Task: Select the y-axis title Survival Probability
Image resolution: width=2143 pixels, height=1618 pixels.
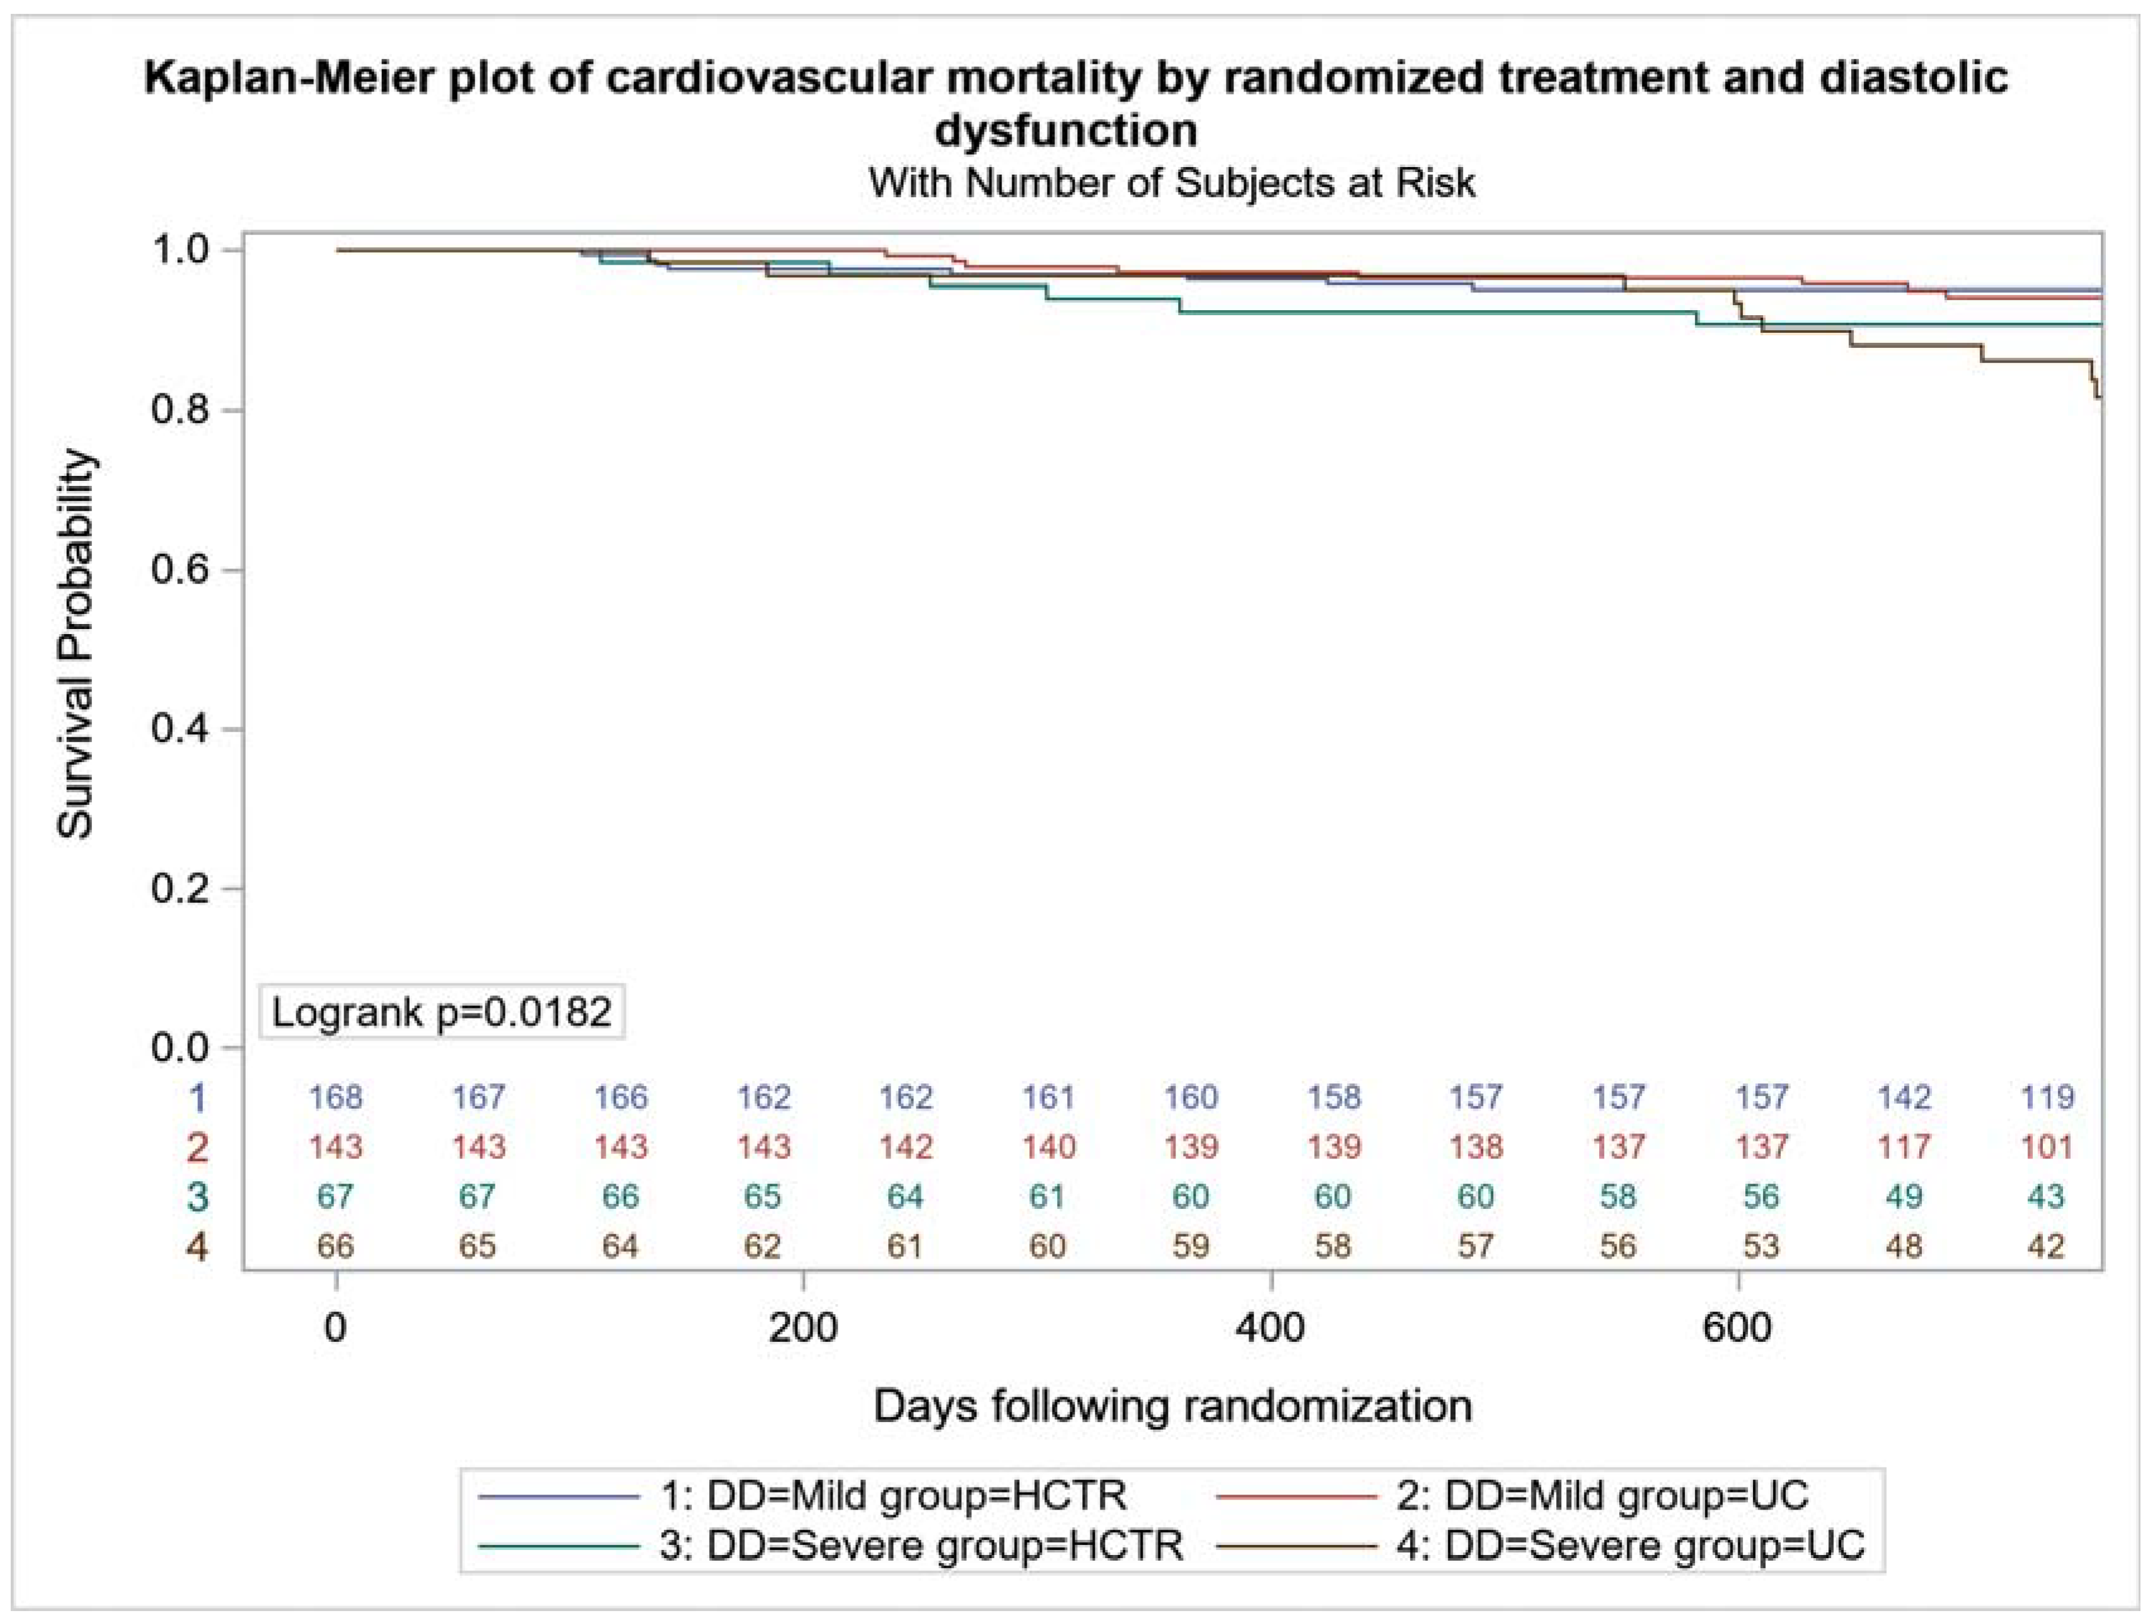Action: click(76, 644)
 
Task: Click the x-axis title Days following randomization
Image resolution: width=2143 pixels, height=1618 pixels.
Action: click(1172, 1405)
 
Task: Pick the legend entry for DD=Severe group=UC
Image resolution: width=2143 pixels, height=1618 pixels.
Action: click(1540, 1544)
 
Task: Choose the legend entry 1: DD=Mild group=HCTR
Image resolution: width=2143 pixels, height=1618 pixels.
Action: click(803, 1495)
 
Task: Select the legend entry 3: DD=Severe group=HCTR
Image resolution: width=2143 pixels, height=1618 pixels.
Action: click(831, 1544)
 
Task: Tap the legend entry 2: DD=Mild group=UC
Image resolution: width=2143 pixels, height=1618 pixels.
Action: click(1512, 1495)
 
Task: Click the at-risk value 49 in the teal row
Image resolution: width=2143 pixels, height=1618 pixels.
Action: click(1903, 1196)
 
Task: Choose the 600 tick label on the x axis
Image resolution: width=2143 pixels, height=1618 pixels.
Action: click(1738, 1326)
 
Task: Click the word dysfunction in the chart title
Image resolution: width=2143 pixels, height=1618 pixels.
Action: click(1066, 131)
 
